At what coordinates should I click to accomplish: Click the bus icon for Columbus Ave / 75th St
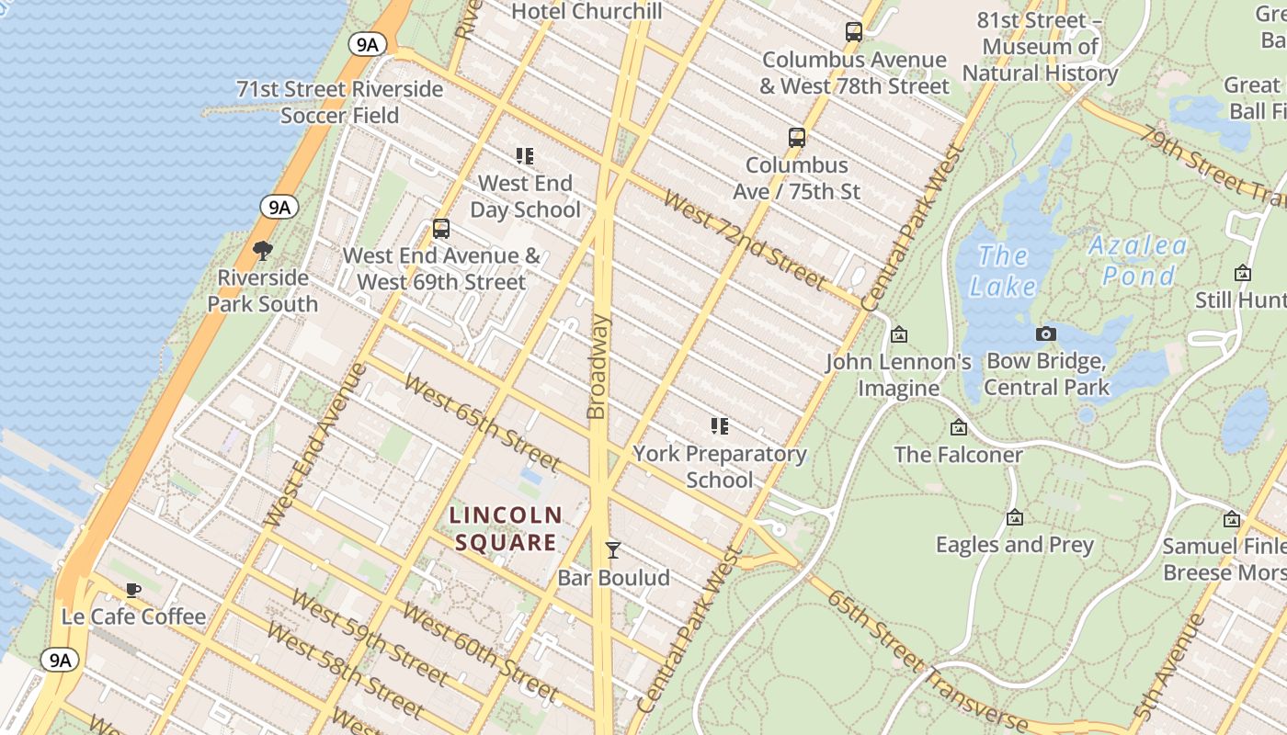(x=797, y=138)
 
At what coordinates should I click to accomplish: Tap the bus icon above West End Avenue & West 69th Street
(x=441, y=229)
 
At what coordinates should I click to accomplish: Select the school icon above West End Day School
(x=525, y=156)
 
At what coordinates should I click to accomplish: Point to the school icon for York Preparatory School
(x=719, y=425)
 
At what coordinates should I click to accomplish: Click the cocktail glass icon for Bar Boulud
(x=613, y=550)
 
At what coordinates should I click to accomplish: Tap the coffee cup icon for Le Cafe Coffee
(x=133, y=590)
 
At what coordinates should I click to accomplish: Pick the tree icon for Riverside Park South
(x=263, y=250)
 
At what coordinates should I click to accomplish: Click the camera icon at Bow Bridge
(x=1046, y=334)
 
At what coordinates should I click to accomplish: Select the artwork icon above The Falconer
(x=959, y=427)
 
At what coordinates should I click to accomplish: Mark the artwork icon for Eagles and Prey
(x=1015, y=517)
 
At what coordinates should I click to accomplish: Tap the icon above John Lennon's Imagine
(x=899, y=334)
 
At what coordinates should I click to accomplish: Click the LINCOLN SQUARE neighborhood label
(x=506, y=528)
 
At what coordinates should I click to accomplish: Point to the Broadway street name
(x=598, y=367)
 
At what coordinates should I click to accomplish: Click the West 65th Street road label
(x=481, y=421)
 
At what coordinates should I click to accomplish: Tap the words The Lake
(x=1002, y=271)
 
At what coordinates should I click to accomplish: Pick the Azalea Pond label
(x=1138, y=260)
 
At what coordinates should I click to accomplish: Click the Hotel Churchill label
(x=587, y=11)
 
